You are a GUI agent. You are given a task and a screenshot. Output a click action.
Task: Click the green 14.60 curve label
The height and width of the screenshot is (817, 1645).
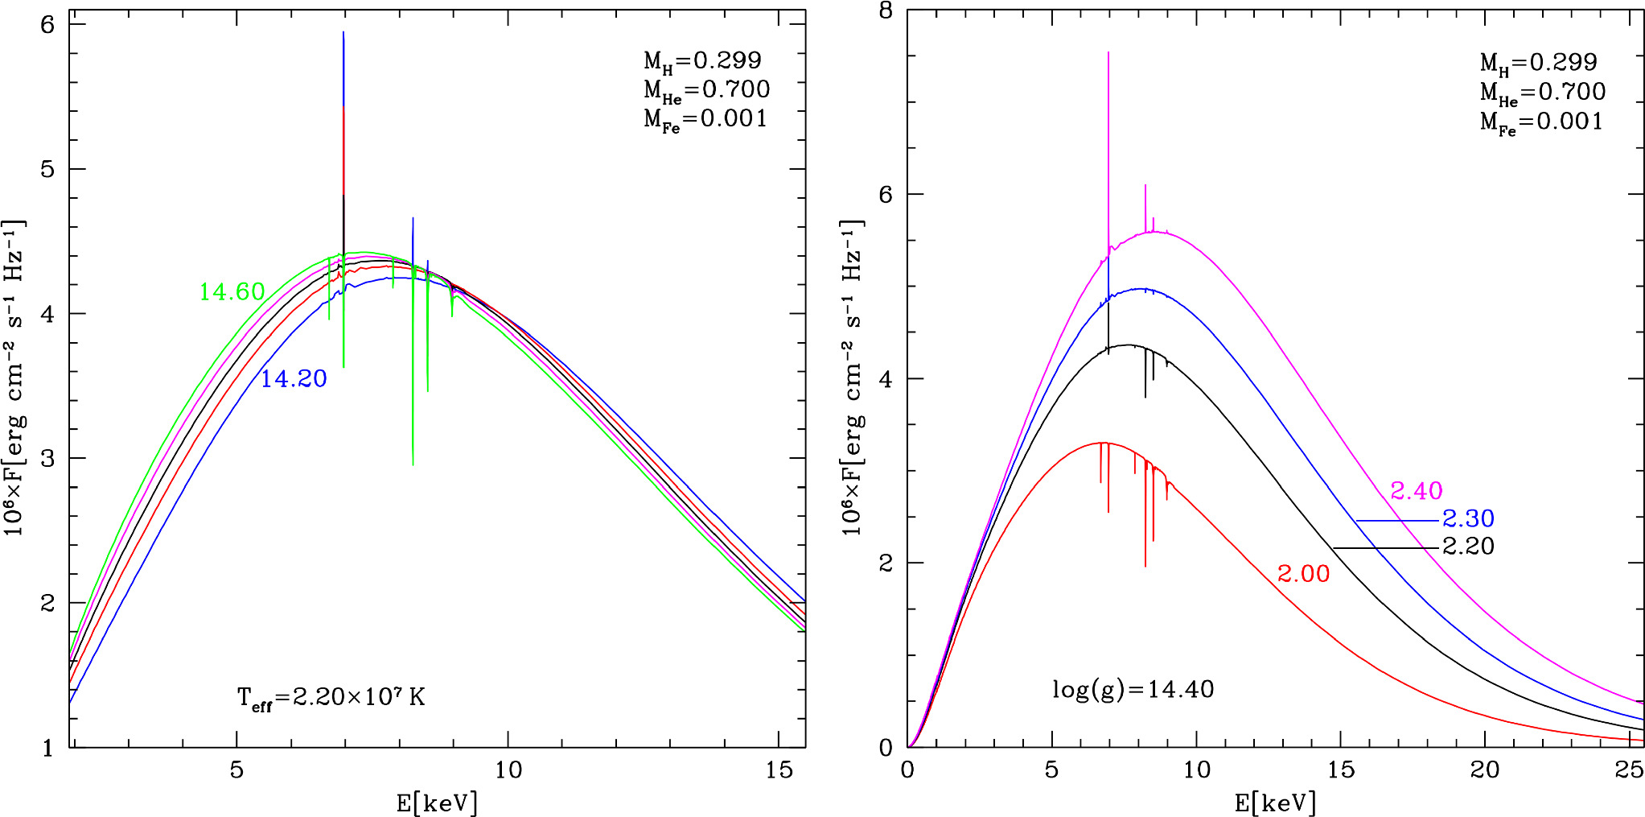click(232, 292)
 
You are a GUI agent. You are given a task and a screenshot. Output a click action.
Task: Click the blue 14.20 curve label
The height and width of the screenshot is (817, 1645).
click(294, 379)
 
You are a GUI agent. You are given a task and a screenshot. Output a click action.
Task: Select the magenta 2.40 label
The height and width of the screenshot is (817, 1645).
click(1416, 491)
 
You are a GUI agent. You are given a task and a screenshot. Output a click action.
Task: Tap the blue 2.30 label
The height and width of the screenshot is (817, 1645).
click(1468, 518)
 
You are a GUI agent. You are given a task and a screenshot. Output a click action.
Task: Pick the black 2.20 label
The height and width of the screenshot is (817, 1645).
click(1468, 547)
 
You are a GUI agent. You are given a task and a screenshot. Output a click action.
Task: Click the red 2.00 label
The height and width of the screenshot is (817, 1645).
click(1303, 574)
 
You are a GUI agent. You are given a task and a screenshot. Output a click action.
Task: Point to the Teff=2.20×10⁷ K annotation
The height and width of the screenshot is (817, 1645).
click(331, 697)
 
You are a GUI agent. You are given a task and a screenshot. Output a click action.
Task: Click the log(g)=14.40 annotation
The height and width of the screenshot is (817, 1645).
click(1133, 690)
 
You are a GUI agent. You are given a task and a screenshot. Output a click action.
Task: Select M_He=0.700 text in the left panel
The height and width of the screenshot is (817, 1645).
click(706, 90)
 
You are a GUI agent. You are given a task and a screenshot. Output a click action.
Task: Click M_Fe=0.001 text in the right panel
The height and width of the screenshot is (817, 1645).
click(1541, 122)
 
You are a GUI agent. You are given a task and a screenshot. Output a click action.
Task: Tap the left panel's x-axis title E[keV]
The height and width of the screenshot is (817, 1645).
click(437, 803)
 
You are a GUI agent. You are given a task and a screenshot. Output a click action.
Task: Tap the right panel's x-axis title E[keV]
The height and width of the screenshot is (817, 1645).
click(1275, 803)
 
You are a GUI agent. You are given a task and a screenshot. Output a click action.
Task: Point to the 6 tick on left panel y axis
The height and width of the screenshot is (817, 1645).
click(47, 25)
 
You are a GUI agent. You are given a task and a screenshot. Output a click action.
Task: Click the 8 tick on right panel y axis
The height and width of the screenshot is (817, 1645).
click(886, 11)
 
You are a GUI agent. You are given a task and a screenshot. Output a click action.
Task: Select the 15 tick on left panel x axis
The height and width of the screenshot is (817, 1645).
click(779, 770)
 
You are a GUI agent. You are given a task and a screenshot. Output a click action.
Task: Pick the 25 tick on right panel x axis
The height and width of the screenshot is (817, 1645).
click(1629, 770)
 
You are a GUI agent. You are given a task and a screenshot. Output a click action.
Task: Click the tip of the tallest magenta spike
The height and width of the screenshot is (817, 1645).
click(1108, 53)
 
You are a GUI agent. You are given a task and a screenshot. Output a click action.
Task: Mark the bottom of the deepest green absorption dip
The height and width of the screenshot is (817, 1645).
click(413, 464)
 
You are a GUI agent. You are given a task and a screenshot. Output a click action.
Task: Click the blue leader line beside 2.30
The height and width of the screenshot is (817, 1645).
click(1396, 521)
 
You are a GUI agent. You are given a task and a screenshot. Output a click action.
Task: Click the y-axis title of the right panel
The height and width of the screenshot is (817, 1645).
click(853, 378)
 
